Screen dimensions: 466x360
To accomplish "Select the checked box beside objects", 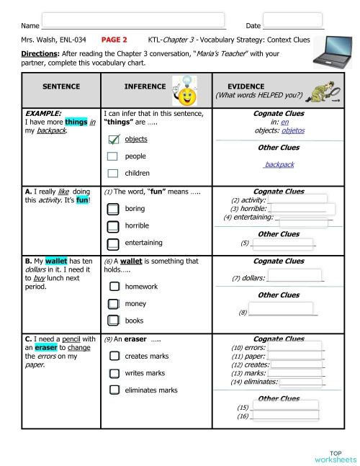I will [112, 139].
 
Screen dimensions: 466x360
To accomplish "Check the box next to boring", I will [112, 209].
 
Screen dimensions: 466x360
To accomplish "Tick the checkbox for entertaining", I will [112, 243].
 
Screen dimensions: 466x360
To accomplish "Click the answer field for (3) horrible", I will [297, 209].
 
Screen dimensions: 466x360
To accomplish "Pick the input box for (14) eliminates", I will [301, 382].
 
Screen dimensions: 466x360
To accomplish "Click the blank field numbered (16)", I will [287, 416].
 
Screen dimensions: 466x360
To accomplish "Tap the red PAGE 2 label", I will [114, 40].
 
